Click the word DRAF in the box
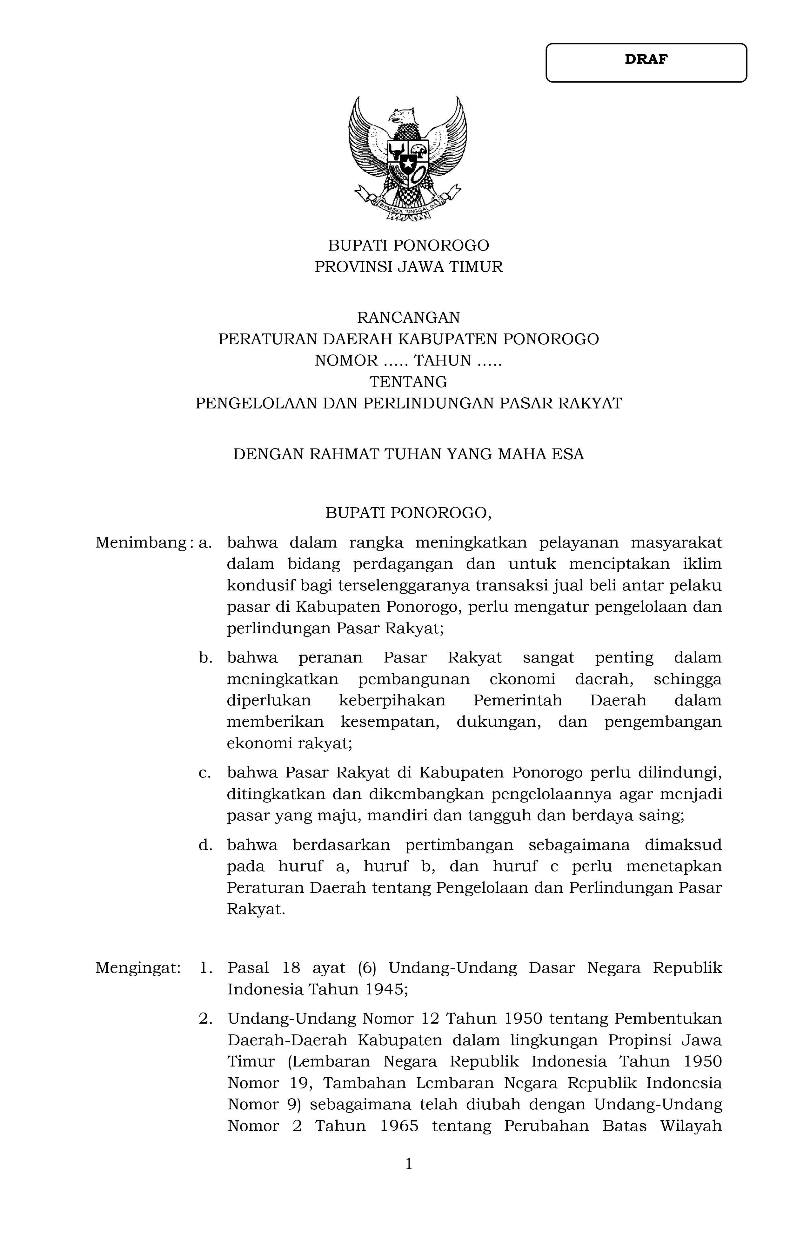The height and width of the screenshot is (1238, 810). coord(646,59)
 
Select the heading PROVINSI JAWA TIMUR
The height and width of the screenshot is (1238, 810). coord(409,267)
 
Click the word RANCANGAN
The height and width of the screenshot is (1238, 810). coord(409,317)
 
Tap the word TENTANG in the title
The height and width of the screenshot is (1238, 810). coord(409,382)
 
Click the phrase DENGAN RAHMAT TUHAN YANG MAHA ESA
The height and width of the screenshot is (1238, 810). coord(409,454)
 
